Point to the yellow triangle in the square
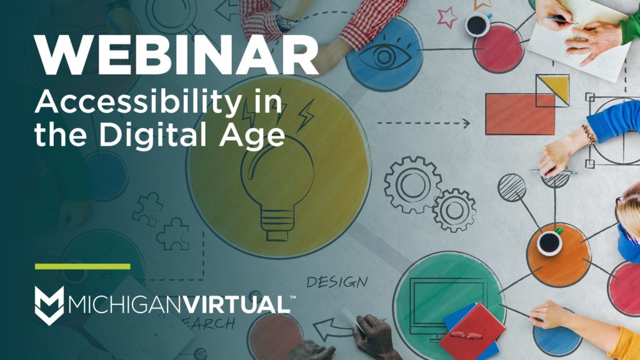click(555, 88)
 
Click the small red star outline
click(446, 17)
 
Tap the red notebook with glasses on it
click(472, 332)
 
